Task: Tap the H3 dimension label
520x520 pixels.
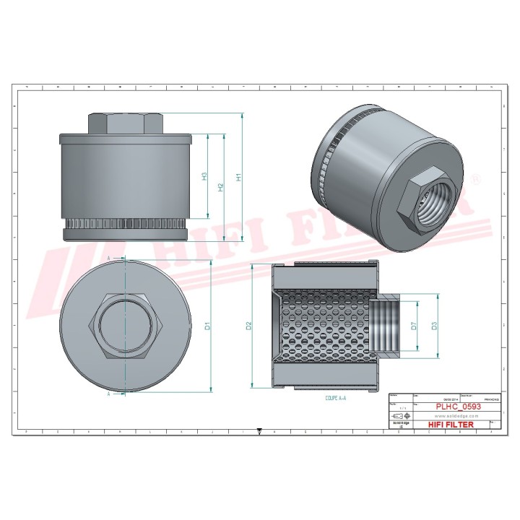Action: pos(205,176)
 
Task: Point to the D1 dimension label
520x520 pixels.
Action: pos(208,326)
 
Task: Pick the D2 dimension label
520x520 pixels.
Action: pos(248,326)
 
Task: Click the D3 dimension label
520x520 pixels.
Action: pos(434,326)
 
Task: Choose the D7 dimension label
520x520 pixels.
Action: pos(414,326)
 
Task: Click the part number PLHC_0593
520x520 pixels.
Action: pos(458,407)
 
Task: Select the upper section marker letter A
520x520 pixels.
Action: pos(108,258)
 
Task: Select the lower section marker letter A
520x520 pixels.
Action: pos(108,394)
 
